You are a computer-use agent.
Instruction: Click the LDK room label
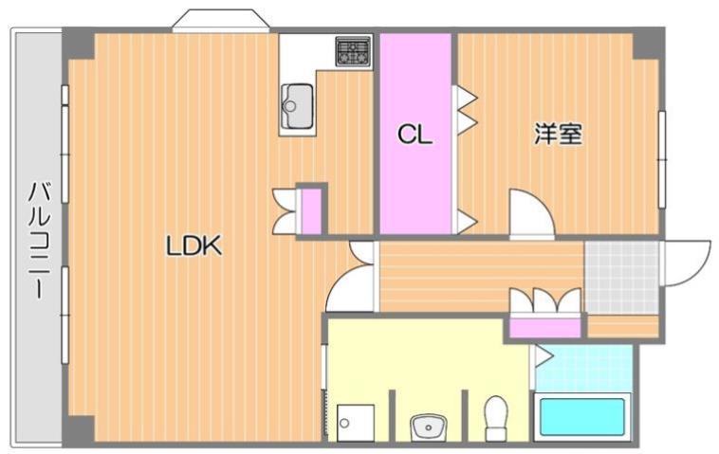(194, 247)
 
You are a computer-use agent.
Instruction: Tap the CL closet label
(415, 135)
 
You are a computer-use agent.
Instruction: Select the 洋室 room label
(557, 135)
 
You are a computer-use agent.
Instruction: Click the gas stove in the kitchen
(352, 51)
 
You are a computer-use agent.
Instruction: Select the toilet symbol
(495, 417)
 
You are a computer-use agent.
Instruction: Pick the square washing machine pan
(355, 422)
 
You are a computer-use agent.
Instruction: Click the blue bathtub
(582, 417)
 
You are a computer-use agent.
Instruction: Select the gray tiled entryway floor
(621, 276)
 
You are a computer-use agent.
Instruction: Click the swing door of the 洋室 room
(529, 214)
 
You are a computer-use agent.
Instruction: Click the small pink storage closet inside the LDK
(311, 210)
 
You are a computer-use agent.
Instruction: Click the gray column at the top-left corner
(78, 44)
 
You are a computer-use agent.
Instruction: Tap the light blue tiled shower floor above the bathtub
(582, 368)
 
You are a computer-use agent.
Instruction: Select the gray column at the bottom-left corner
(78, 428)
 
